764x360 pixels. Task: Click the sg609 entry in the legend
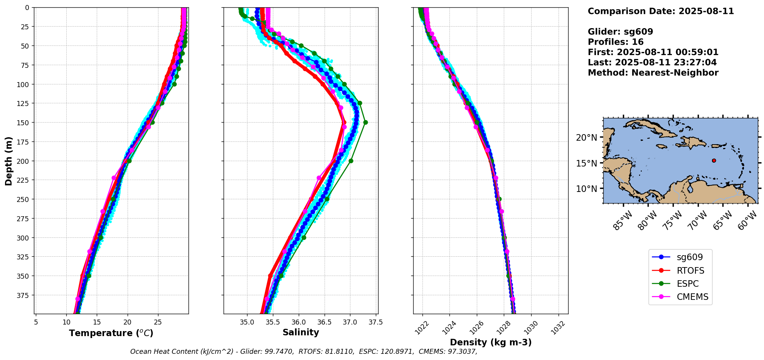click(x=680, y=257)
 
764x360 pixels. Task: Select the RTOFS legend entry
click(x=680, y=271)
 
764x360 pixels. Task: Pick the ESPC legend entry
click(x=680, y=284)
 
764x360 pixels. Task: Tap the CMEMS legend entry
click(x=680, y=297)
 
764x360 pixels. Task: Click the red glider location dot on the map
click(x=714, y=160)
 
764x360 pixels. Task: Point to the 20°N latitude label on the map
click(x=586, y=138)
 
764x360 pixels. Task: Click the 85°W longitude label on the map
click(x=623, y=221)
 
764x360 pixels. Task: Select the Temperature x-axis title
click(x=111, y=333)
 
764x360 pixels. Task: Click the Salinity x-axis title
click(x=301, y=332)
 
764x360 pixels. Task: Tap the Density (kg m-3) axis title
click(x=491, y=342)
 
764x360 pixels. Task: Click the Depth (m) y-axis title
click(x=9, y=161)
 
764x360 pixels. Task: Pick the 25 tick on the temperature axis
click(x=158, y=322)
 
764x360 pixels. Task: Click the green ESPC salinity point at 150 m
click(x=365, y=123)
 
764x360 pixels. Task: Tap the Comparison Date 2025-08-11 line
click(x=661, y=11)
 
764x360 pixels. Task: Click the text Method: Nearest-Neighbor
click(x=653, y=73)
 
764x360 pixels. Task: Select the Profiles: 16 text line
click(x=616, y=42)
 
